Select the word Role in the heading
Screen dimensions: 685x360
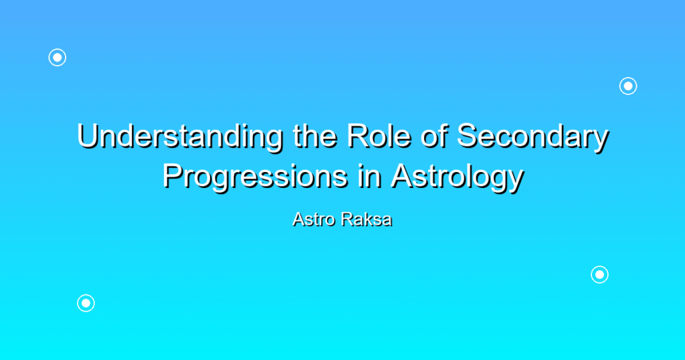coord(379,135)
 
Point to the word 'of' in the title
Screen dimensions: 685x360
coord(433,135)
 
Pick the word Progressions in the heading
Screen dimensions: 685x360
coord(255,177)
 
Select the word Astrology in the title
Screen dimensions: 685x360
coord(457,177)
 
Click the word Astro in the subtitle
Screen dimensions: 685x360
coord(314,219)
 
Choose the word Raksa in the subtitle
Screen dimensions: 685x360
coord(367,219)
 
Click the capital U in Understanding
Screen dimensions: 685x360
coord(88,136)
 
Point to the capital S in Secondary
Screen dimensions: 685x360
coord(468,136)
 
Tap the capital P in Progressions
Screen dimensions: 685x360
coord(173,175)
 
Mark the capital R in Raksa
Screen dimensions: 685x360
coord(347,219)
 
